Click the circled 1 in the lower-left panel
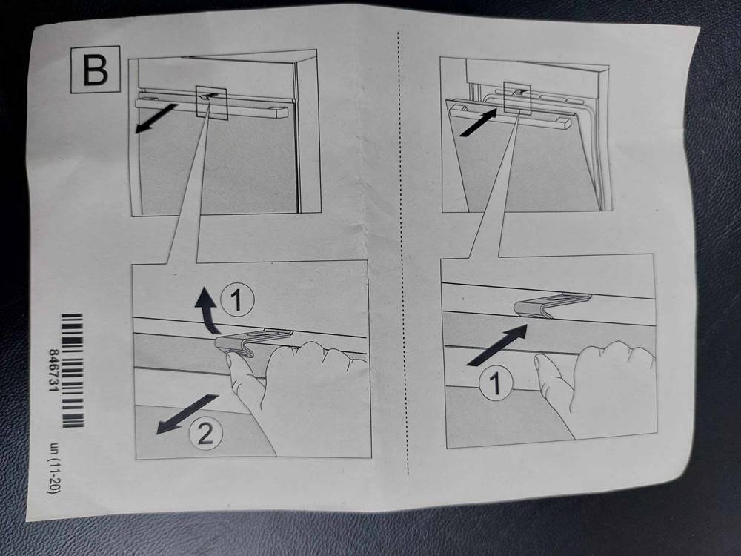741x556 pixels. click(238, 301)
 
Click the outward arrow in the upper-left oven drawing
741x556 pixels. click(156, 119)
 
